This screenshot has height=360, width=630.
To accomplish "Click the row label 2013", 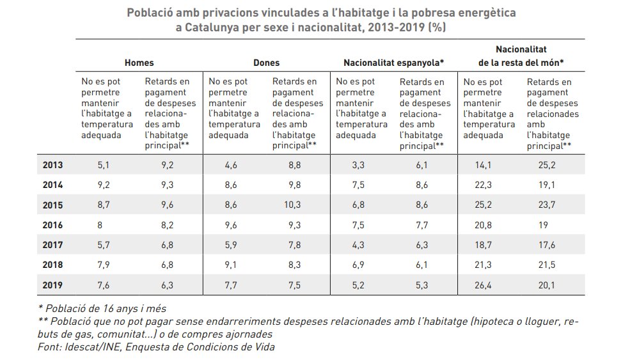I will coord(53,164).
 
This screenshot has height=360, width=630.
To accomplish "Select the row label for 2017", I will coord(53,244).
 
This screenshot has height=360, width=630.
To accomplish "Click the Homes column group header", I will coord(139,63).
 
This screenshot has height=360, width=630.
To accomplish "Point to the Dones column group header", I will coord(266,63).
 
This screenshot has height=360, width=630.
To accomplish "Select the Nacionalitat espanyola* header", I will coord(393,63).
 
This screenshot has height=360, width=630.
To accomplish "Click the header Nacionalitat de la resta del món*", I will coord(521,56).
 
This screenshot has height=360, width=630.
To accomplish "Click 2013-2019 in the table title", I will coord(393,27).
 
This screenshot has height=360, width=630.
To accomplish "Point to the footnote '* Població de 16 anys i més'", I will coord(102,308).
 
